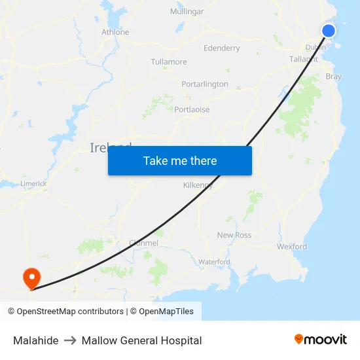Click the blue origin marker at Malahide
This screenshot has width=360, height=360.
tap(329, 31)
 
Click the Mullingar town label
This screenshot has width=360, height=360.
tap(187, 12)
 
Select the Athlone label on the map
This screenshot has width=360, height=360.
tap(115, 32)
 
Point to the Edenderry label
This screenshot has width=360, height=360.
tap(222, 48)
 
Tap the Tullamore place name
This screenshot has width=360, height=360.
tap(169, 62)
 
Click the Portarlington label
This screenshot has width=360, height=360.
tap(205, 84)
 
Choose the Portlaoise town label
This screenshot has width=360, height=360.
tap(192, 110)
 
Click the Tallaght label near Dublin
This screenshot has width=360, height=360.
tap(303, 59)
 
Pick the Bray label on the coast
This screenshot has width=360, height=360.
tap(333, 77)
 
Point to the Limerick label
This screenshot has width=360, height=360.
tap(33, 184)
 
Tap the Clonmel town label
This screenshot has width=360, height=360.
tap(143, 243)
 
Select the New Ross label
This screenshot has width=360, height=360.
tap(234, 235)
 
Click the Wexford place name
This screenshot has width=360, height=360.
tap(291, 247)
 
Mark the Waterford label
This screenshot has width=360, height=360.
tap(214, 262)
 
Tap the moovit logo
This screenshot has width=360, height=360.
tap(321, 339)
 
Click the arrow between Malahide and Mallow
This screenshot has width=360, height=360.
tap(70, 340)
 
